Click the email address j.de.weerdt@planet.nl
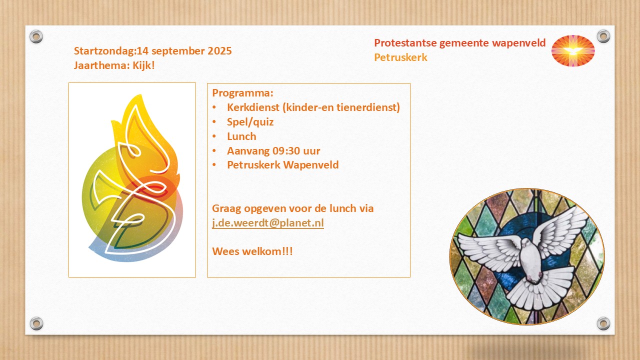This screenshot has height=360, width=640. [268, 223]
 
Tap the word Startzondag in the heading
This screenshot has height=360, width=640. [104, 51]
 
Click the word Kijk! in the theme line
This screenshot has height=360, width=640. [143, 65]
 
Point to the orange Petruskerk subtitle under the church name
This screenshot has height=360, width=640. [400, 57]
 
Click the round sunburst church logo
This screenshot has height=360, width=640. [573, 51]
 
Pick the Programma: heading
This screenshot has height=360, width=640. [242, 93]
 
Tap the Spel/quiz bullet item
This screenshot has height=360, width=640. [250, 122]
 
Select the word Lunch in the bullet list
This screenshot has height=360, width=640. [241, 136]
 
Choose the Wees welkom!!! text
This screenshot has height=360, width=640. [252, 251]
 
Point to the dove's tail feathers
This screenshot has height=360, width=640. [540, 288]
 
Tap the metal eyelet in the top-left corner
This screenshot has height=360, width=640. [36, 36]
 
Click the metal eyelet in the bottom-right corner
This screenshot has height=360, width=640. [603, 323]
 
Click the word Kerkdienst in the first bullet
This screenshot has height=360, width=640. [253, 107]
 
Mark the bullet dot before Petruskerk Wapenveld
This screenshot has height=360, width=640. [214, 165]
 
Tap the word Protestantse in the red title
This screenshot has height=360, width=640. [405, 43]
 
